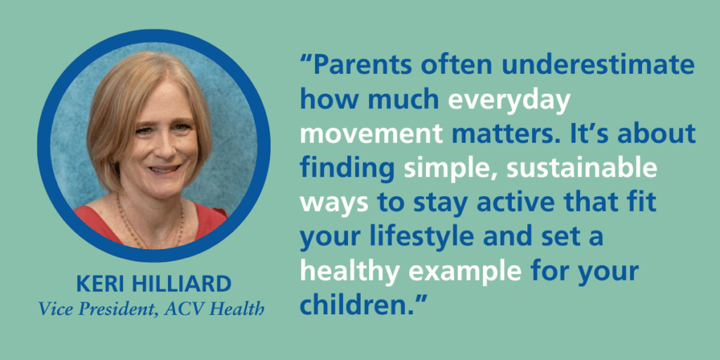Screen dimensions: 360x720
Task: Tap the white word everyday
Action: [x=509, y=101]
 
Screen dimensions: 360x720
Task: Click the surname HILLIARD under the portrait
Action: [x=186, y=285]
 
